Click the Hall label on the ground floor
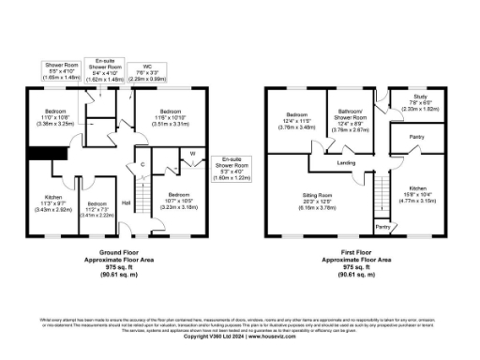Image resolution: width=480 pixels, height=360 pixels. coord(127,202)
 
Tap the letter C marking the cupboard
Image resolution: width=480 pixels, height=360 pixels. coord(142,166)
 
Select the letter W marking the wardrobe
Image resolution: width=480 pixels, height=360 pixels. coord(193,154)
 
